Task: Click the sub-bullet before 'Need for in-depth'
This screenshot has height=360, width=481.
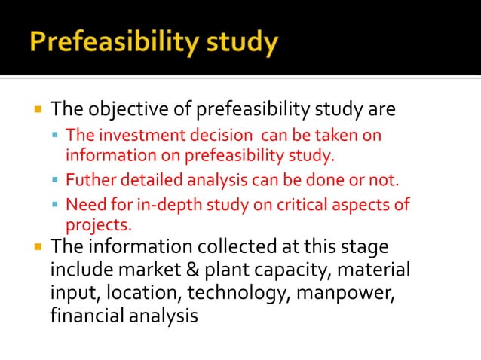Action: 57,205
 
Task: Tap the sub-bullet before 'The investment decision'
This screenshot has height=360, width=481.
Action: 57,136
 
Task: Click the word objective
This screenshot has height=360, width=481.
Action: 121,111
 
